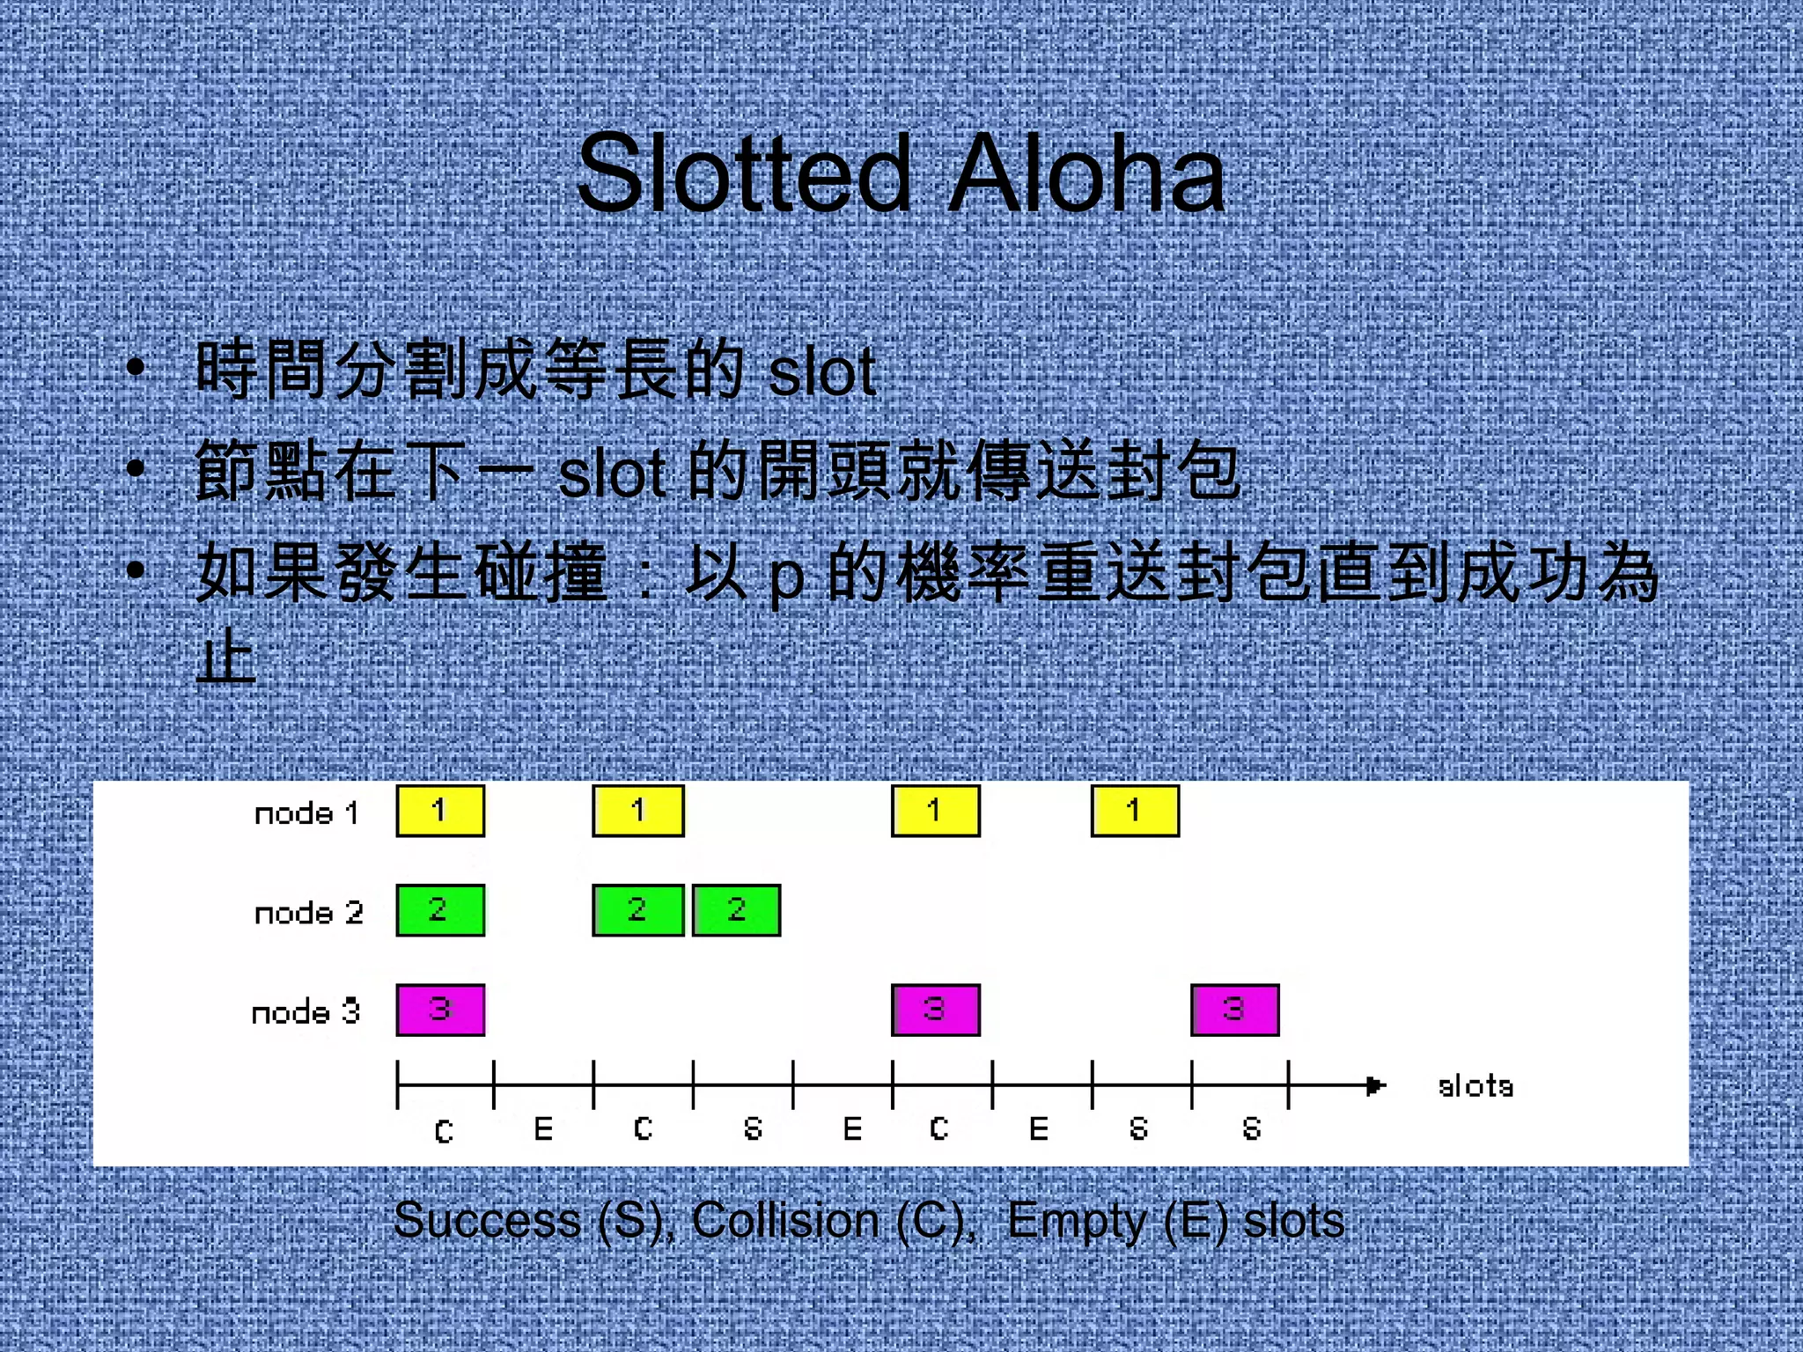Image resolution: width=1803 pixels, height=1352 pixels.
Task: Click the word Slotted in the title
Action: pyautogui.click(x=744, y=173)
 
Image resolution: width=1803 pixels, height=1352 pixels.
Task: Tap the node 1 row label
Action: pyautogui.click(x=306, y=812)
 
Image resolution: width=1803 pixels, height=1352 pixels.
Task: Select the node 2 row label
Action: pyautogui.click(x=308, y=913)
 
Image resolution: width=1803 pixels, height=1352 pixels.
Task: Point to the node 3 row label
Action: pyautogui.click(x=305, y=1012)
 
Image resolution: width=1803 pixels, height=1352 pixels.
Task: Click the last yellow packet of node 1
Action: pyautogui.click(x=1135, y=811)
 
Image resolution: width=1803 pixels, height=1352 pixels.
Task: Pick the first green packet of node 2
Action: pyautogui.click(x=440, y=910)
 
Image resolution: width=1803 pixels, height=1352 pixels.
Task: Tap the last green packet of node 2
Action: pyautogui.click(x=736, y=910)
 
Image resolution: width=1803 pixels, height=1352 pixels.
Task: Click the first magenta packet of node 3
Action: pyautogui.click(x=440, y=1010)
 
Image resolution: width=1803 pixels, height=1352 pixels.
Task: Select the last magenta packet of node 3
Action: pyautogui.click(x=1234, y=1010)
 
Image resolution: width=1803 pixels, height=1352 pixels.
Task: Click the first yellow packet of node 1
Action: pyautogui.click(x=440, y=811)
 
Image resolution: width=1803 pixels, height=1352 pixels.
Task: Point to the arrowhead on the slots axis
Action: pyautogui.click(x=1375, y=1085)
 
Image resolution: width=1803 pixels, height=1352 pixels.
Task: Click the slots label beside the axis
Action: pyautogui.click(x=1476, y=1086)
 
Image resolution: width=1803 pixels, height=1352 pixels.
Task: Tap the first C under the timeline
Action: pyautogui.click(x=445, y=1131)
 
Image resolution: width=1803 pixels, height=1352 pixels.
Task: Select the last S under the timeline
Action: pyautogui.click(x=1252, y=1128)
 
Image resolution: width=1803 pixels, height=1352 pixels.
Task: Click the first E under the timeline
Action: pyautogui.click(x=543, y=1128)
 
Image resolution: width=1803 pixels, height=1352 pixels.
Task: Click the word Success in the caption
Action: pyautogui.click(x=487, y=1221)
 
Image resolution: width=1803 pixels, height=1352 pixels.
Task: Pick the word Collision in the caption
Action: pyautogui.click(x=785, y=1221)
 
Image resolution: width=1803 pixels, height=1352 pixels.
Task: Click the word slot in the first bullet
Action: pyautogui.click(x=821, y=371)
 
